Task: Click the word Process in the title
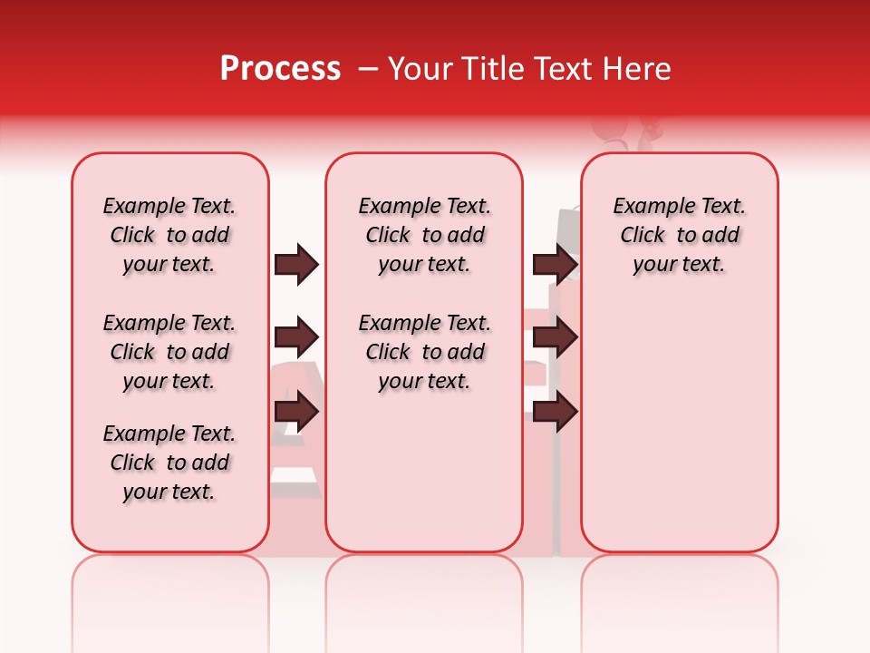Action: coord(280,69)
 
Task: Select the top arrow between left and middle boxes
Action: coord(296,264)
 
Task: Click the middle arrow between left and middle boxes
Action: coord(296,338)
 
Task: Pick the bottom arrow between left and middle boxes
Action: coord(296,413)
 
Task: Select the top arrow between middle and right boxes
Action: coord(555,264)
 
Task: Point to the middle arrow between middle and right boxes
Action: coord(555,338)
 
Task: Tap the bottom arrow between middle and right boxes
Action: coord(555,413)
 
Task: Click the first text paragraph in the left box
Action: coord(169,235)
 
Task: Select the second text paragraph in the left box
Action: coord(169,352)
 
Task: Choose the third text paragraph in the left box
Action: coord(169,463)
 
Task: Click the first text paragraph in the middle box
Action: coord(424,235)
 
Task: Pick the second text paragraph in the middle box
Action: coord(424,352)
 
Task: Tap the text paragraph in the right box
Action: coord(679,235)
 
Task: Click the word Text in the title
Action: coord(561,69)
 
